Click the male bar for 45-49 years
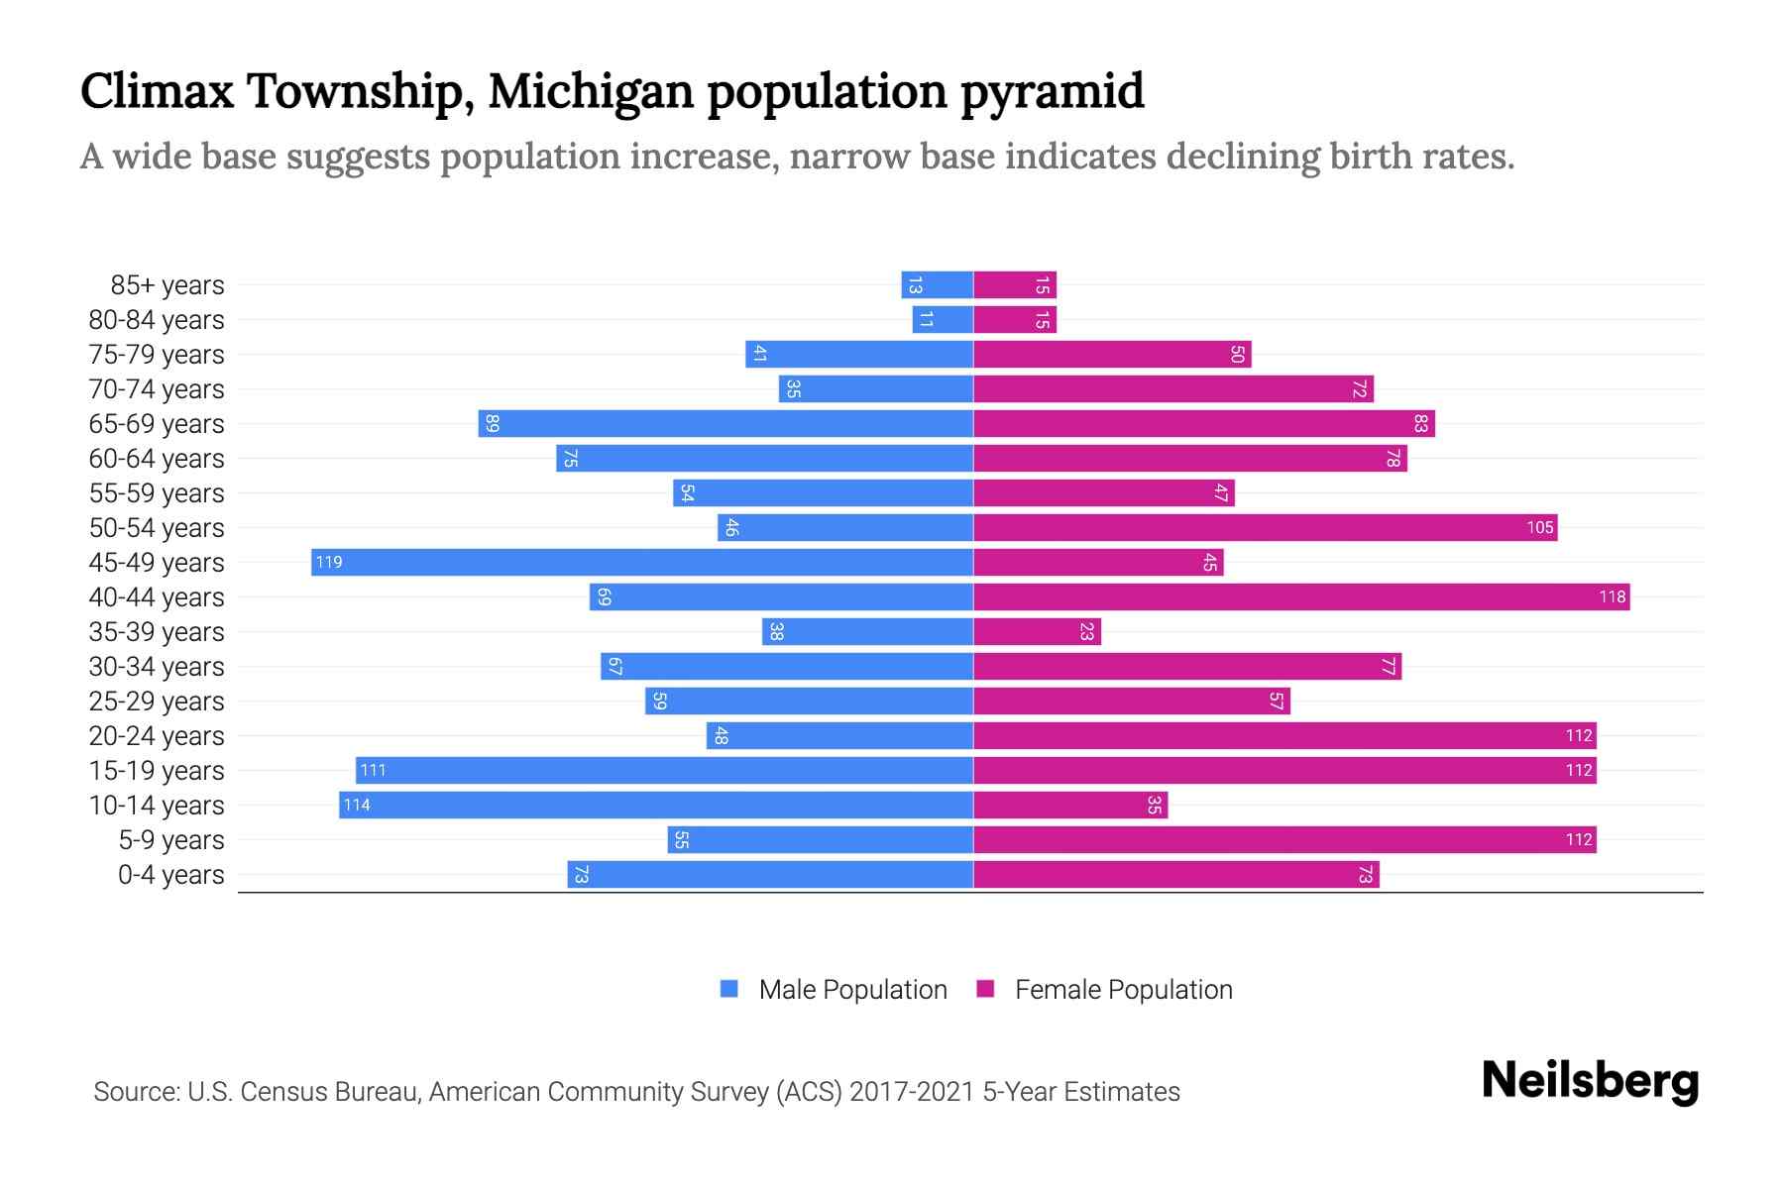click(x=642, y=562)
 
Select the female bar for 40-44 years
click(x=1301, y=596)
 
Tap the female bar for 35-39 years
click(x=1037, y=631)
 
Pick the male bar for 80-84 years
click(x=943, y=319)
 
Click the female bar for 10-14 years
click(x=1070, y=805)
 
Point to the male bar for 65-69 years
click(x=725, y=423)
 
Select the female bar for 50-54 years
click(x=1265, y=527)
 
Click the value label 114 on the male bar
click(x=357, y=805)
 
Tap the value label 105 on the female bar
click(x=1539, y=527)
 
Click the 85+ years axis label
click(x=167, y=285)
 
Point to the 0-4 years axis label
click(x=170, y=875)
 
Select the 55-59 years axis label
click(x=157, y=493)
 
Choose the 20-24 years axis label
click(x=157, y=736)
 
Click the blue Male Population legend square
click(x=729, y=989)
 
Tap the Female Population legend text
click(x=1123, y=989)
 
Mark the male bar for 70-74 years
click(x=876, y=388)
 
